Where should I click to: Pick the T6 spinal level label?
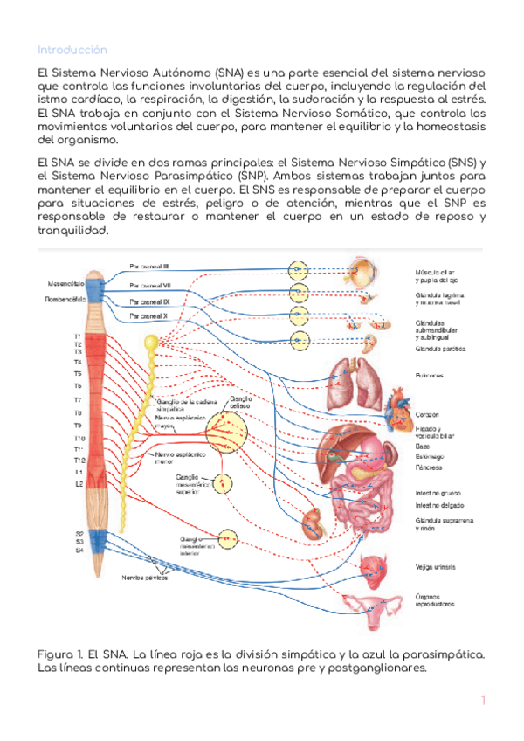(77, 385)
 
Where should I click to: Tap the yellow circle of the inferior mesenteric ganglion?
(228, 538)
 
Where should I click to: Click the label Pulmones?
(431, 376)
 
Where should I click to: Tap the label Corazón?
(429, 414)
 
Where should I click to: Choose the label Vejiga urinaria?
(435, 567)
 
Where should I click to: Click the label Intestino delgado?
(439, 505)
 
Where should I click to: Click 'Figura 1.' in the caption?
(59, 654)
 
